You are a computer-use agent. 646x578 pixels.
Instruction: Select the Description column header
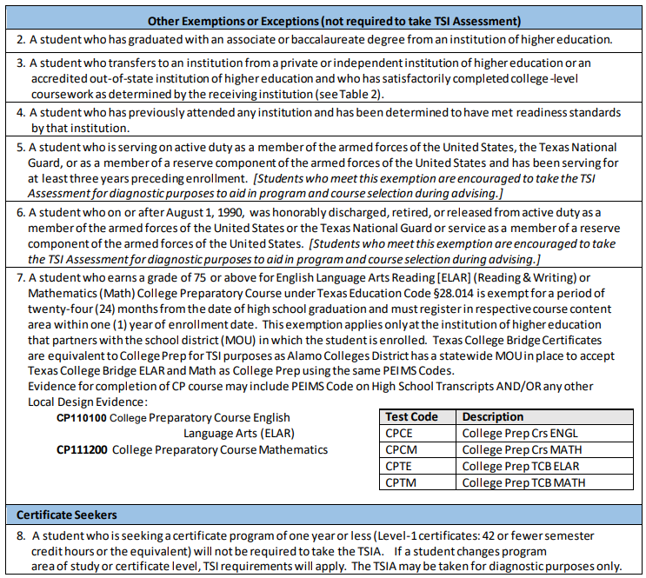tap(492, 416)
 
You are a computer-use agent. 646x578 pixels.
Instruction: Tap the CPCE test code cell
tap(399, 433)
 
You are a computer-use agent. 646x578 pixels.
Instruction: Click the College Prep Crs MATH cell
tap(522, 449)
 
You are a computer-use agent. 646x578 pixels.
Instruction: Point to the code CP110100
tap(81, 417)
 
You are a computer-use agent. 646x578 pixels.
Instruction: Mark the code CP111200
tap(81, 449)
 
